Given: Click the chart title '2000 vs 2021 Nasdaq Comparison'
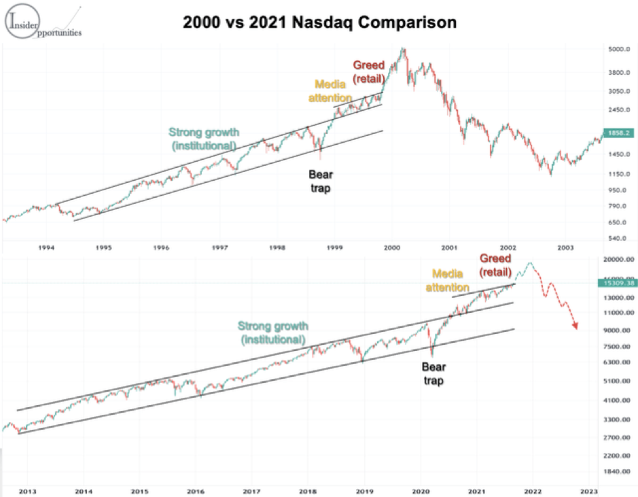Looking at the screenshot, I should [x=319, y=22].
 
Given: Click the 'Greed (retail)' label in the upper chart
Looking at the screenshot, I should [x=368, y=71].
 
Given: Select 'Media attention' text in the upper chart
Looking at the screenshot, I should [x=333, y=92].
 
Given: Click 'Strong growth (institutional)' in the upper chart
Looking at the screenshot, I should [x=202, y=139].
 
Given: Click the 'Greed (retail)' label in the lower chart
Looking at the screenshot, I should [x=495, y=265].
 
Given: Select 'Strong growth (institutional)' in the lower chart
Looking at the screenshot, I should [x=272, y=332].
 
